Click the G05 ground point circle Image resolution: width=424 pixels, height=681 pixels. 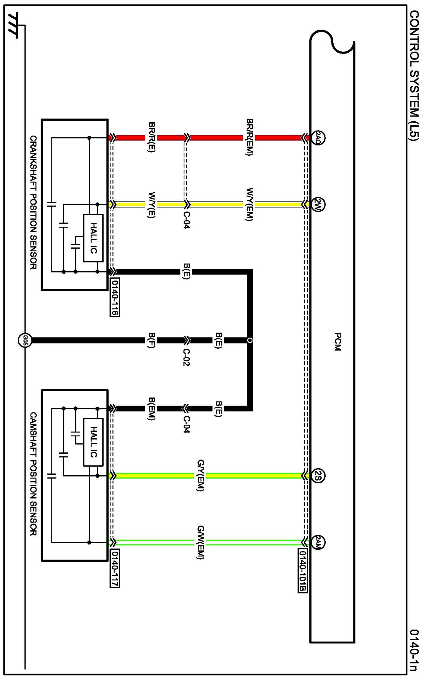(x=25, y=340)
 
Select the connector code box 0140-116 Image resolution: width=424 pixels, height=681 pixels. (x=115, y=297)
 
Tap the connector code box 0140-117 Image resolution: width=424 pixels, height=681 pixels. (x=115, y=568)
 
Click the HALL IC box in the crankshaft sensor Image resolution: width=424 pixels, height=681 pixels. (x=93, y=238)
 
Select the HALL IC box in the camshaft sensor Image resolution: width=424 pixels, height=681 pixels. (x=93, y=442)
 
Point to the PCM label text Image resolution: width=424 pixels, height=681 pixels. (x=338, y=342)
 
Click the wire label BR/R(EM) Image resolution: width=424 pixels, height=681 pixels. (x=249, y=137)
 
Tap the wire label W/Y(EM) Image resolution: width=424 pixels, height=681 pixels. (x=249, y=204)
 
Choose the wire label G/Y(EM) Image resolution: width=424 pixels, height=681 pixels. (x=201, y=475)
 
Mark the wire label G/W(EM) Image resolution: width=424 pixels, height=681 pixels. (x=201, y=542)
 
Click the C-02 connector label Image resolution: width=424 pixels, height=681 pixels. (x=186, y=357)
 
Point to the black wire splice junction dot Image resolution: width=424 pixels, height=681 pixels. (x=250, y=340)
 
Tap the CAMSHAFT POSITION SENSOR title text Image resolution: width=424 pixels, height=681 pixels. (x=33, y=474)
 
